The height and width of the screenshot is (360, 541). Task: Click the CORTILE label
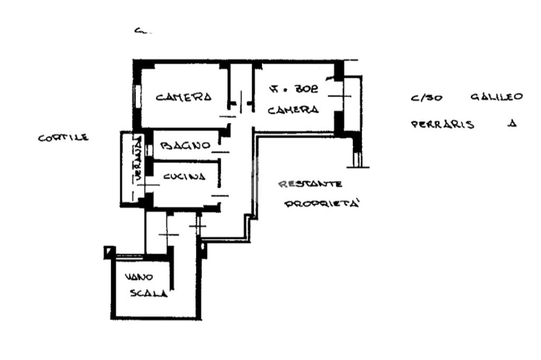pos(63,138)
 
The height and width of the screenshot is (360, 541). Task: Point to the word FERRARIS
pos(442,125)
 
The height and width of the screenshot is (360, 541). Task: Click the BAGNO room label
pos(185,145)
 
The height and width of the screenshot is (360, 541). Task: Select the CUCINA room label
pos(184,177)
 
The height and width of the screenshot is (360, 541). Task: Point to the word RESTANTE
pos(310,184)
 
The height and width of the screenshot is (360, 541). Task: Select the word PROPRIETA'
pos(322,203)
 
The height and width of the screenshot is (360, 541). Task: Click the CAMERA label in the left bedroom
pos(183,97)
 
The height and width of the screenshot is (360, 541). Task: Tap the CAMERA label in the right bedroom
pos(293,110)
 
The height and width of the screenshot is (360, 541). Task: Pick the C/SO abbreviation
pos(422,99)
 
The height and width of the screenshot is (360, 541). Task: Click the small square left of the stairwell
pos(108,251)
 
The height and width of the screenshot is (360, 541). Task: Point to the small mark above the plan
pos(141,32)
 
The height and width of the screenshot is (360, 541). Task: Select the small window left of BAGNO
pos(148,149)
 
